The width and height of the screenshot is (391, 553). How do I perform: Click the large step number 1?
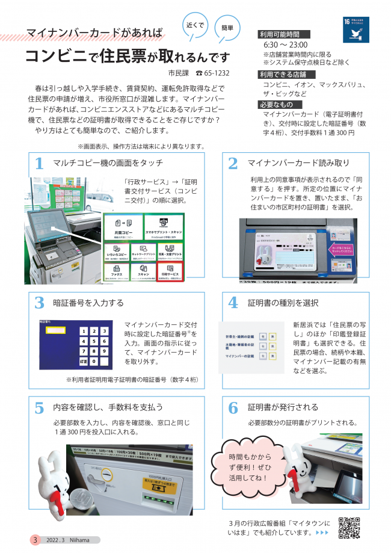point(39,164)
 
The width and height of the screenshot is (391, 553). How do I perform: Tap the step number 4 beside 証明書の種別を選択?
point(233,302)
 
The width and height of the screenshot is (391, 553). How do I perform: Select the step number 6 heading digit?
point(233,407)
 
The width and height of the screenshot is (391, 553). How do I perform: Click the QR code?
point(349,528)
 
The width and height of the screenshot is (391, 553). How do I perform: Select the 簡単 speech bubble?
point(227,28)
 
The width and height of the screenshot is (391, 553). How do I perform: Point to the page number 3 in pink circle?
point(35,540)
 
